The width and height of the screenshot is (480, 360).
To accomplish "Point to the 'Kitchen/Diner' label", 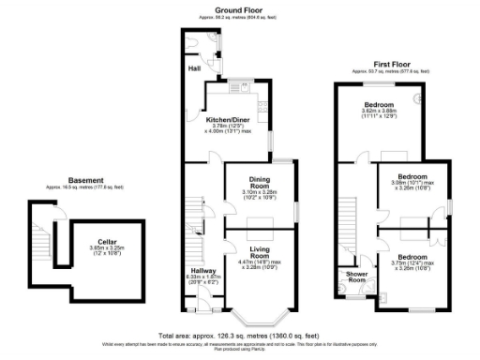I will pyautogui.click(x=229, y=119).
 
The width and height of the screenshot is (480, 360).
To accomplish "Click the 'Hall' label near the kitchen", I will pyautogui.click(x=194, y=69).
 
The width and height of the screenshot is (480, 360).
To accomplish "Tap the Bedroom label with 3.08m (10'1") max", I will pyautogui.click(x=413, y=176).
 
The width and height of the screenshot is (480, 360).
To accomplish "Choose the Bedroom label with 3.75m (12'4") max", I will pyautogui.click(x=413, y=256).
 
